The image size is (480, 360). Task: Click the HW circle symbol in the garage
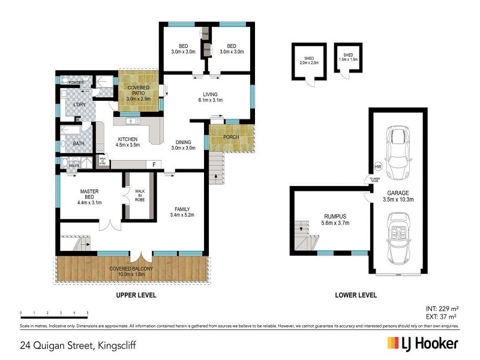(x=378, y=166)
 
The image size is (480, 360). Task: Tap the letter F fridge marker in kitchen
(x=154, y=164)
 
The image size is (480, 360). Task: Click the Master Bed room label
(x=91, y=196)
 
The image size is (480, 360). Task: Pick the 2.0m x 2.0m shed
(x=308, y=62)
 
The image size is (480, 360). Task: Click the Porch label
(x=230, y=137)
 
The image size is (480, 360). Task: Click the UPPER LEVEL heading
(x=136, y=295)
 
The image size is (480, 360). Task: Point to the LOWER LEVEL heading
(x=356, y=295)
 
